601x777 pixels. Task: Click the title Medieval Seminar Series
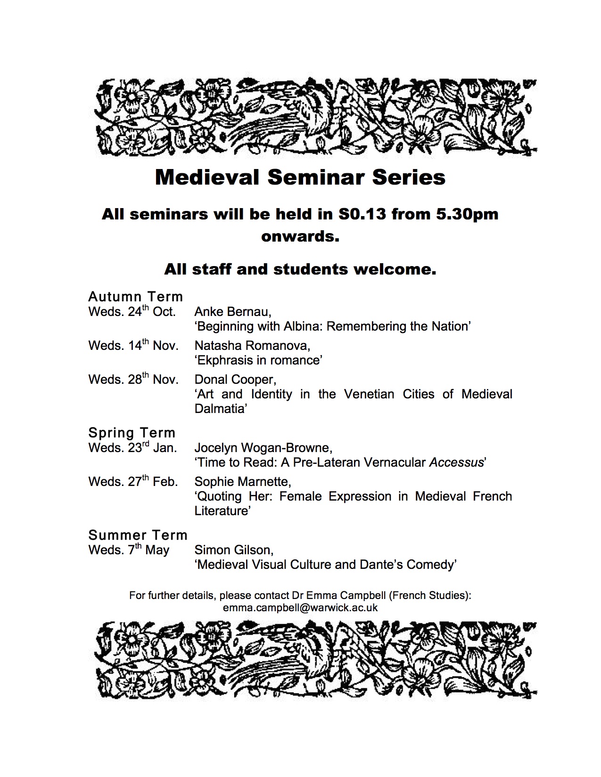pos(300,178)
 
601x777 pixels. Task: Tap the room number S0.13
pos(362,214)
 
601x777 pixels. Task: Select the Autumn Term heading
pos(136,297)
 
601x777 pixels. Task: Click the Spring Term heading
pos(132,433)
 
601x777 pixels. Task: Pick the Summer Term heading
pos(138,535)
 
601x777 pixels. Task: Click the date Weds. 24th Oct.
pos(132,312)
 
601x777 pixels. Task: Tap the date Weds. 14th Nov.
pos(133,346)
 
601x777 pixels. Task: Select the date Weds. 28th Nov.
pos(133,380)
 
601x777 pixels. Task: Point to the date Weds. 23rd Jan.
pos(132,448)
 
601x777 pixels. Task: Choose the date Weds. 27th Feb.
pos(133,482)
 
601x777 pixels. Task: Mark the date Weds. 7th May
pos(129,550)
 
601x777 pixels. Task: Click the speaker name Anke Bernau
pos(233,312)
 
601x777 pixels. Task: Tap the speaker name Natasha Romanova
pos(253,346)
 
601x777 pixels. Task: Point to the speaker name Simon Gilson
pos(234,550)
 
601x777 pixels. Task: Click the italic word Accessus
pos(456,462)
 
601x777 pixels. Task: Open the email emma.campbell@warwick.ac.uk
pos(300,607)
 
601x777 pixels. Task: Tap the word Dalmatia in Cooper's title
pos(220,409)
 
